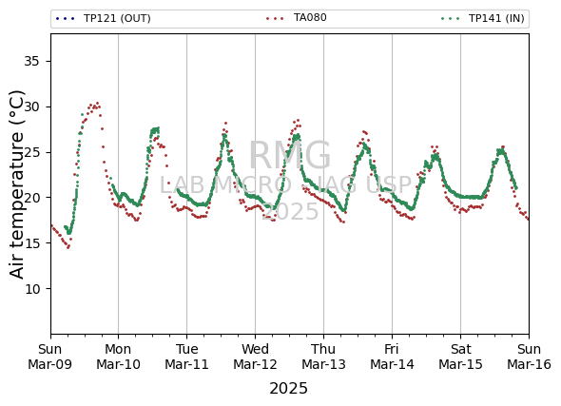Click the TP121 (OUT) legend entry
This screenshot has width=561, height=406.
[103, 18]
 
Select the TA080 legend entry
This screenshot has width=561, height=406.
[297, 17]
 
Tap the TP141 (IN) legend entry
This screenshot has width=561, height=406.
[483, 18]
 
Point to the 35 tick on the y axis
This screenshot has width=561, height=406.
[31, 62]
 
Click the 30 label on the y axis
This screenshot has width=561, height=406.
[31, 106]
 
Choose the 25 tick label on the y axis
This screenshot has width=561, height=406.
[31, 152]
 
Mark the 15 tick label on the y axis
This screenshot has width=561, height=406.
[31, 243]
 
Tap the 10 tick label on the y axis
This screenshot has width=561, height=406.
[31, 289]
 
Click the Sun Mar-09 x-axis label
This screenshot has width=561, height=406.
[50, 357]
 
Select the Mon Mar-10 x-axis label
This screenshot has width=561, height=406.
[119, 357]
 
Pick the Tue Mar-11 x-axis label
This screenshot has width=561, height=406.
[186, 357]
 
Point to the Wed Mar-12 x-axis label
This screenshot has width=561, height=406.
[255, 357]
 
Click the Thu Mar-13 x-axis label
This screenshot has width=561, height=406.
[323, 357]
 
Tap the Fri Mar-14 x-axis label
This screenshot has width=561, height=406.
[392, 357]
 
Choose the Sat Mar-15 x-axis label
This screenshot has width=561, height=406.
[460, 357]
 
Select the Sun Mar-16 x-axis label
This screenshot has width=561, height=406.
[530, 357]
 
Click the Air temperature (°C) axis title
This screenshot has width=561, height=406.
[16, 184]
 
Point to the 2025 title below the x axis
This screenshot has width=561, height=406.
[288, 388]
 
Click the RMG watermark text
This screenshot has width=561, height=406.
[290, 155]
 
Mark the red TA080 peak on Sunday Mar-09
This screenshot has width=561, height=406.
[97, 103]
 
